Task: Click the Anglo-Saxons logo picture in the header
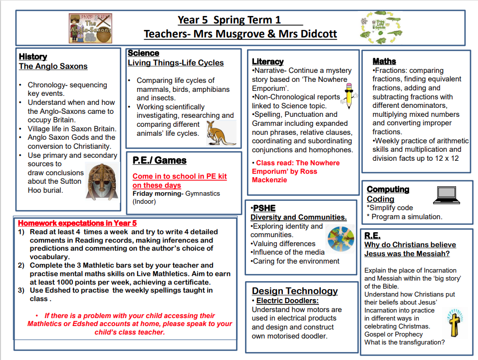90,28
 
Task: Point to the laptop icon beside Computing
448,195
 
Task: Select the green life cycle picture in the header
381,28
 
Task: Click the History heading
33,57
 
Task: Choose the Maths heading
384,61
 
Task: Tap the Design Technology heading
294,291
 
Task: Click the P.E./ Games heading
159,160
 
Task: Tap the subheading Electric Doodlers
287,301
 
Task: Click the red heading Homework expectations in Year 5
77,223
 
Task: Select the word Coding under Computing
380,199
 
